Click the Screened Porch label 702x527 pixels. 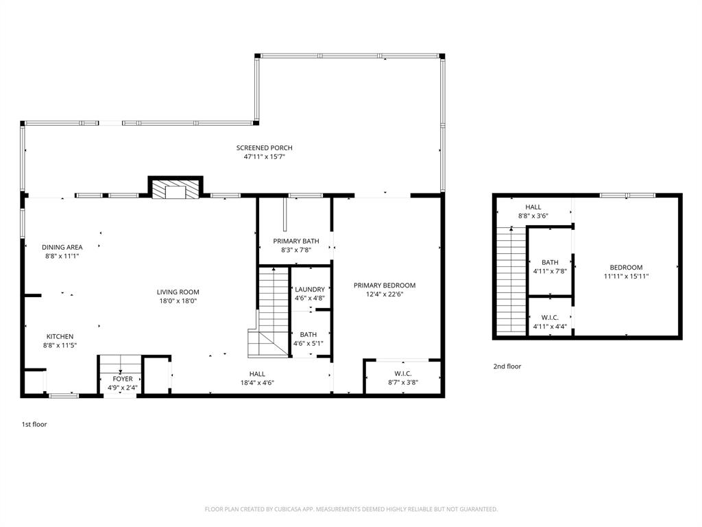264,148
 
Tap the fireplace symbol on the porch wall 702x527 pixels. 175,189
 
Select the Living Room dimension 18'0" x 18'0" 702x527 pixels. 178,301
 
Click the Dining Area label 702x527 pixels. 62,247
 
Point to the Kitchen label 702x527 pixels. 60,336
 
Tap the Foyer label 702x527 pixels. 123,379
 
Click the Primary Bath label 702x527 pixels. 295,241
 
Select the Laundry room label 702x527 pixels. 309,290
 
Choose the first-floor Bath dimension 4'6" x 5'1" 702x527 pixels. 308,344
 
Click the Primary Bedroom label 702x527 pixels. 385,285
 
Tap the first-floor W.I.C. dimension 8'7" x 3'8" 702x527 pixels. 403,382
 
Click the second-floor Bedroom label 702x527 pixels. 626,268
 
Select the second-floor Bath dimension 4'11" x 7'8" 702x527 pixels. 550,271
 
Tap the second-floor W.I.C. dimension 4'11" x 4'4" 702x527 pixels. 550,327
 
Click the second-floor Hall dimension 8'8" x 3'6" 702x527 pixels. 533,216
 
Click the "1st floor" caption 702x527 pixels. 34,424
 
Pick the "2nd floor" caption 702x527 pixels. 507,366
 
